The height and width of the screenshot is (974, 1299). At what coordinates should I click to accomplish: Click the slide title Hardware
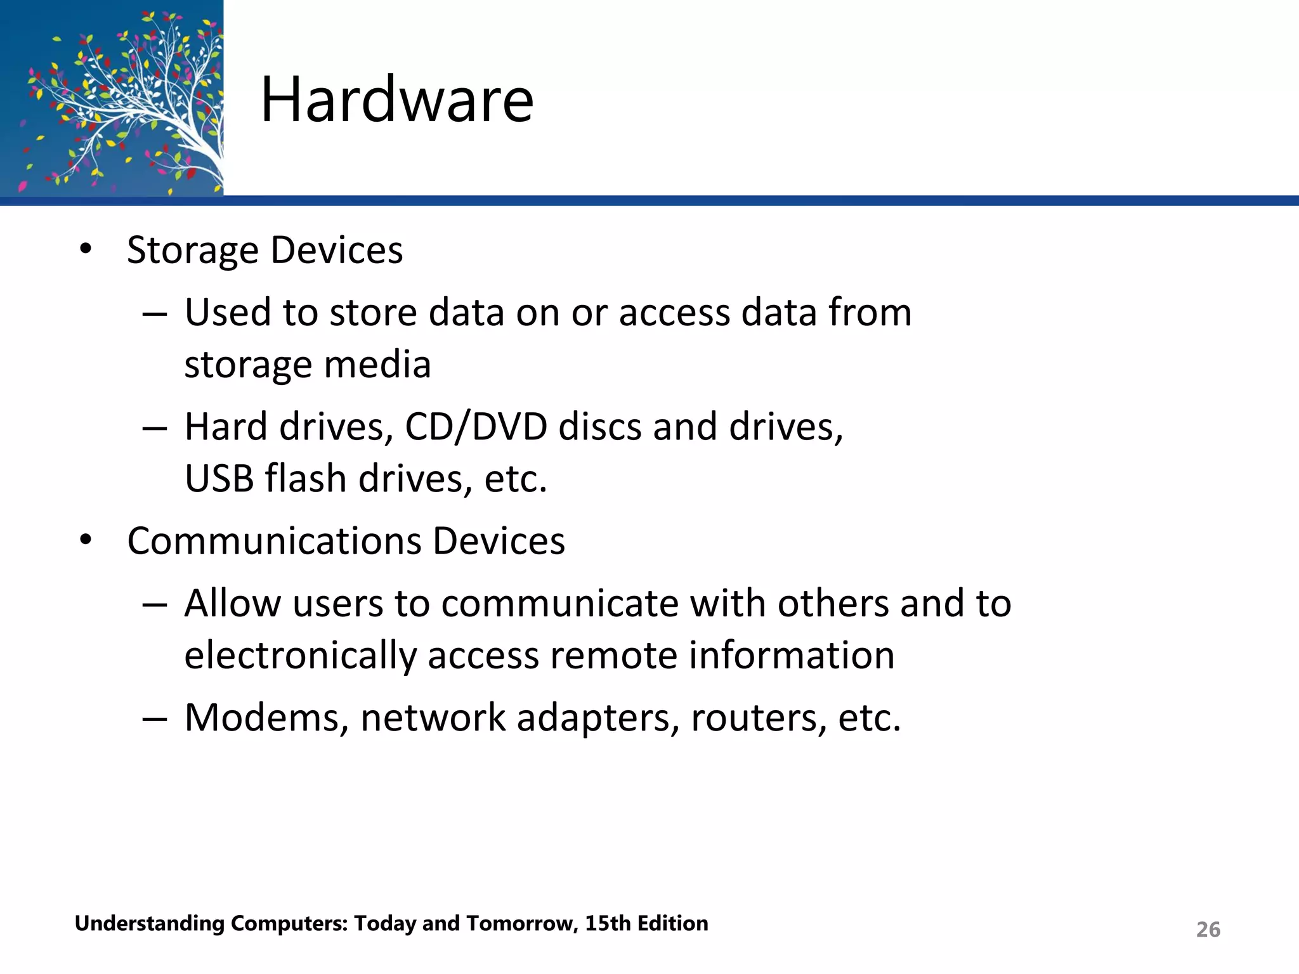396,100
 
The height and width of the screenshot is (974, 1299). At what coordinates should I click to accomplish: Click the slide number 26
1208,930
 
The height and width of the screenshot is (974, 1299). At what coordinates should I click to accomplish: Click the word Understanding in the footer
149,924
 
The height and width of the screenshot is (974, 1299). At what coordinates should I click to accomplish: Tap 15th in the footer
608,923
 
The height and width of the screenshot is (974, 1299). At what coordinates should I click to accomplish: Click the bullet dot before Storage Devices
86,250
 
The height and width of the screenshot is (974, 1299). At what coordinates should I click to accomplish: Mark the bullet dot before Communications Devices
86,541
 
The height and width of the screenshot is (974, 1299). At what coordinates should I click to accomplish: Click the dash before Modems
155,718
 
